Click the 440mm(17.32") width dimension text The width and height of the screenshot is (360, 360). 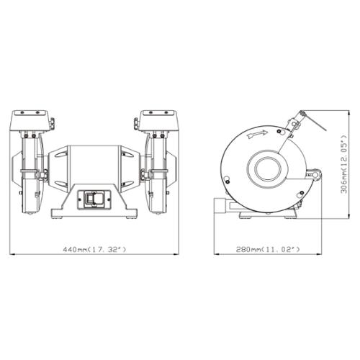[94, 249]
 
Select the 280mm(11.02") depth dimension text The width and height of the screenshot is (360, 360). [268, 249]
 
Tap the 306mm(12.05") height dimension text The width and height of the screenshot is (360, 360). [344, 164]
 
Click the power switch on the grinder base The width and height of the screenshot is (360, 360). [94, 199]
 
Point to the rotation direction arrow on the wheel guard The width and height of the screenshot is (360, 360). [257, 134]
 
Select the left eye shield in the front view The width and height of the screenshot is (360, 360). [29, 121]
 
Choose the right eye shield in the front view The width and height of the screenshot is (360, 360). [158, 121]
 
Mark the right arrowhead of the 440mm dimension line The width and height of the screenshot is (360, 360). [176, 254]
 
